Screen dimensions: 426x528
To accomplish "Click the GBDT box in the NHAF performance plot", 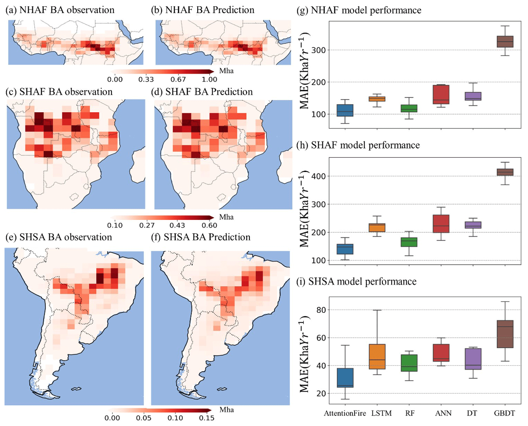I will point(505,42).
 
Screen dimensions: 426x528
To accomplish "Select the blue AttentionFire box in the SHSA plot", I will point(345,378).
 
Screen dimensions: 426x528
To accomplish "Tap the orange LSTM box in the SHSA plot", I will point(377,357).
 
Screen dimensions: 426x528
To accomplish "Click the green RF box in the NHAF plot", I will point(409,108).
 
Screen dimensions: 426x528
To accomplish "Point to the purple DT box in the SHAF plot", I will point(473,225).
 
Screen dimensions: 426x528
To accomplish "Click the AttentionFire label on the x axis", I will point(345,413).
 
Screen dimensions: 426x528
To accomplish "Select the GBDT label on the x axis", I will point(504,413).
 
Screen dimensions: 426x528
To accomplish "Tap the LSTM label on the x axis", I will point(381,413).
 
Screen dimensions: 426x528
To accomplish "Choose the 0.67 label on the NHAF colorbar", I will point(178,79).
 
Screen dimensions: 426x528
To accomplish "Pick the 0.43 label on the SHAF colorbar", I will point(177,225).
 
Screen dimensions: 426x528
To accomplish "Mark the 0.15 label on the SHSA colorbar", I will point(206,418).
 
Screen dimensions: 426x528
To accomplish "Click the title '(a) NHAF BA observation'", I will point(60,10).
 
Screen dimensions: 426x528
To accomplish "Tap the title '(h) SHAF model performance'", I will point(358,145).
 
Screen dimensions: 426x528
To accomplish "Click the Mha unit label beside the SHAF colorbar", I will point(226,217).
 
